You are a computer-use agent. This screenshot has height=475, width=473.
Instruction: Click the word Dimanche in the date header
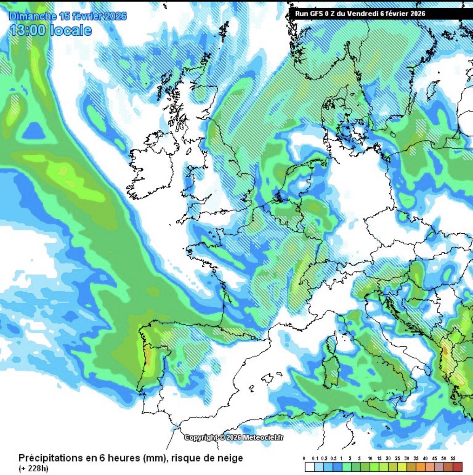tap(33, 16)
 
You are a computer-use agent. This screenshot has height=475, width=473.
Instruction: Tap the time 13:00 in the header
tap(27, 30)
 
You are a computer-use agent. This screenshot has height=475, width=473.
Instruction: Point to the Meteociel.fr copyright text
tap(234, 437)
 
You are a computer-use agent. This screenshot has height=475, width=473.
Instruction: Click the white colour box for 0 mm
tap(308, 467)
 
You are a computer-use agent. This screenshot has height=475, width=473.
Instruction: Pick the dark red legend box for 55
tap(457, 467)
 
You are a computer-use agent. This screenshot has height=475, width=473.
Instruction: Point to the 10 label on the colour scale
tap(370, 458)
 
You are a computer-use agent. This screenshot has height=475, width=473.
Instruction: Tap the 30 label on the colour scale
tap(407, 458)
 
